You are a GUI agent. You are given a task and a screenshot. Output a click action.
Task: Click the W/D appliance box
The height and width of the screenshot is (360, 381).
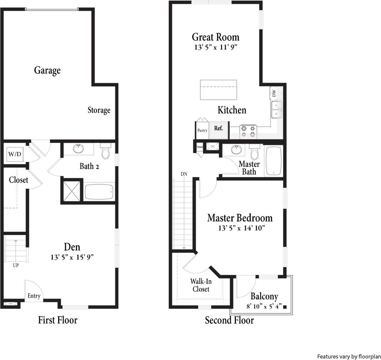pos(14,154)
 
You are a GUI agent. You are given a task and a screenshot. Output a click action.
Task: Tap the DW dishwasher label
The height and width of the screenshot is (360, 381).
pos(274,93)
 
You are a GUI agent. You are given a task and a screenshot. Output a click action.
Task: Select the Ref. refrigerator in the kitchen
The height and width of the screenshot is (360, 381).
pos(219,128)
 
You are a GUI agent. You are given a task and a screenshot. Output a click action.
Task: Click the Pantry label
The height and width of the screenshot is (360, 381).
pos(202,131)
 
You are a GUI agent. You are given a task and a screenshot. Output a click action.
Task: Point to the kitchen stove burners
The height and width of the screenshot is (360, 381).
pos(249,131)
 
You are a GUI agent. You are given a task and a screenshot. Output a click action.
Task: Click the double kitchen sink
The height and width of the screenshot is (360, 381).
pos(276,109)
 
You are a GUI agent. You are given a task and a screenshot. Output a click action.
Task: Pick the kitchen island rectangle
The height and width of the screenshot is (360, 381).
pos(219,90)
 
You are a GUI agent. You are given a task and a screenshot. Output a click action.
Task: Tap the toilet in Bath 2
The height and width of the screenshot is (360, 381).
pos(105,152)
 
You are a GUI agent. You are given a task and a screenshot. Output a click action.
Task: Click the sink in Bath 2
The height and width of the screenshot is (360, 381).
pos(78,149)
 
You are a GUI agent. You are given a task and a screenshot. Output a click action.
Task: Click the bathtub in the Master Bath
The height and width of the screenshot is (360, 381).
pos(274,161)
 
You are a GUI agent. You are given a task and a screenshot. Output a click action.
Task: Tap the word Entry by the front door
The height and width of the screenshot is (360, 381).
pos(34,296)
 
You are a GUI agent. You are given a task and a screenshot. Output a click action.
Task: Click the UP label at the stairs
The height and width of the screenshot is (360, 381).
pos(16,265)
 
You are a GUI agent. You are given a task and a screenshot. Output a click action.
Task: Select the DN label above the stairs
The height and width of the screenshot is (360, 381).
pos(184,174)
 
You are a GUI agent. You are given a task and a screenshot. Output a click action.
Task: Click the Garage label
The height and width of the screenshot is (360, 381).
pos(47,70)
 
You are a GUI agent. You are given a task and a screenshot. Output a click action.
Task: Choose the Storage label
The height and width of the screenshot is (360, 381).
pos(99,110)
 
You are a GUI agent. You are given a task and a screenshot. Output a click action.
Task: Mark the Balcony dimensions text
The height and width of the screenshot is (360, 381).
pos(264,306)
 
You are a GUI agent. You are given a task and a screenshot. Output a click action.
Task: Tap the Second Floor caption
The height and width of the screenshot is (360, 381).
pos(229,320)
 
